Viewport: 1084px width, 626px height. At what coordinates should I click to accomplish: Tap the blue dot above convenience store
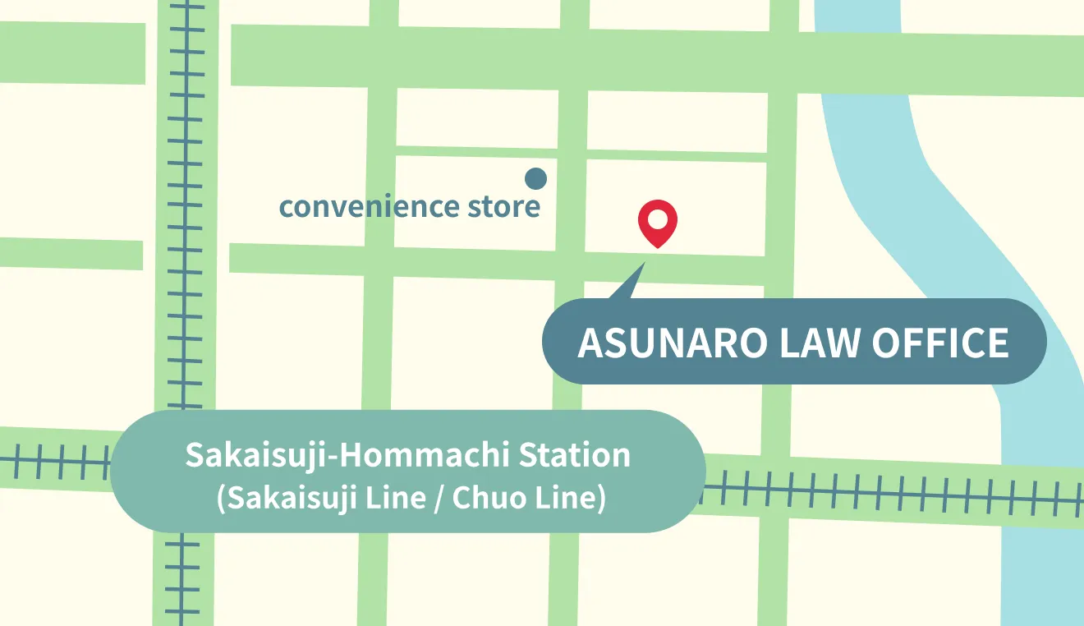coord(535,177)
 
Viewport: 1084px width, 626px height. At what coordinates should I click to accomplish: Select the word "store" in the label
coord(504,206)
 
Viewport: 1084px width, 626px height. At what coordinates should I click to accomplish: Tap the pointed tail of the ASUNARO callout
coord(633,283)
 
